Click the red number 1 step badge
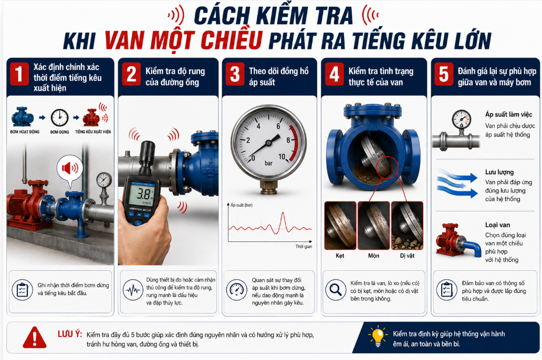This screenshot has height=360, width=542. coord(19,73)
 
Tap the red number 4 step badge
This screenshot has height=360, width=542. coord(334,73)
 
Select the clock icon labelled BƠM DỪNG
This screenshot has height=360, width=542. coord(59,118)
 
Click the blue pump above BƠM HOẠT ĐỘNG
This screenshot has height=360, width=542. coord(23,117)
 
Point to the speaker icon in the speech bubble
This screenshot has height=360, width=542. coord(69,168)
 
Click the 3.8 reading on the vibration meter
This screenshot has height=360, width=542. coord(141,193)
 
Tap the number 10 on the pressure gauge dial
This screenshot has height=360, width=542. coord(282,156)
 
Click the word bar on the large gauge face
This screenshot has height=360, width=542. coord(268,163)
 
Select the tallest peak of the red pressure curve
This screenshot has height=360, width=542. coord(283,213)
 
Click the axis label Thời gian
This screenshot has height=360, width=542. coord(304,246)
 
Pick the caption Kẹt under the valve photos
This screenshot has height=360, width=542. coord(340,256)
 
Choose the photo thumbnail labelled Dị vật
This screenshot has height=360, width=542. coord(407,226)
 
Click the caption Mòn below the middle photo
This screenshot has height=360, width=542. coord(373,256)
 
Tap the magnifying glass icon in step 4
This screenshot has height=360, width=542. coord(335,290)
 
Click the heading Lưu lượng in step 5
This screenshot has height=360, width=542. coord(499,173)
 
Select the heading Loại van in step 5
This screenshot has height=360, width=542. coord(497,225)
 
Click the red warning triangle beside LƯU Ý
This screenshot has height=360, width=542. coord(35,337)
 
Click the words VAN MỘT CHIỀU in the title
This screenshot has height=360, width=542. coord(183,40)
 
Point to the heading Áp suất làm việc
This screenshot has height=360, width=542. coord(508,115)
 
